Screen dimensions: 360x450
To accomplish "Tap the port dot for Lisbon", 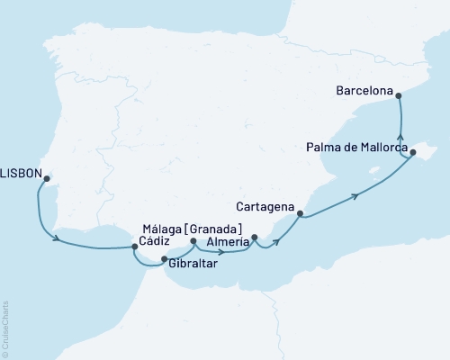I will [x=46, y=178].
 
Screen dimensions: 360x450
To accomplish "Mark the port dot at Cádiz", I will [x=134, y=246].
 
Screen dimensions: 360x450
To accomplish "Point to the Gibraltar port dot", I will [x=164, y=260].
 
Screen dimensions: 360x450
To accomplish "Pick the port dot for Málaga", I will [x=193, y=241].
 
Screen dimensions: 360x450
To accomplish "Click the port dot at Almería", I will [x=255, y=238].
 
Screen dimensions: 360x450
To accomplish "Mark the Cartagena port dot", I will [x=301, y=214].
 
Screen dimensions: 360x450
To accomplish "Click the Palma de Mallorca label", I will [x=357, y=147].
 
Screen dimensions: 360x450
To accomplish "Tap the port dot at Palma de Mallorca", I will [x=413, y=153].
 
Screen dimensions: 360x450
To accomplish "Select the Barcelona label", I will [x=365, y=91].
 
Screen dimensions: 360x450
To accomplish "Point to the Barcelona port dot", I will [x=400, y=93].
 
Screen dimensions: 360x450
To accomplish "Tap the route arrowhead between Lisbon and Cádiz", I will [x=58, y=238].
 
